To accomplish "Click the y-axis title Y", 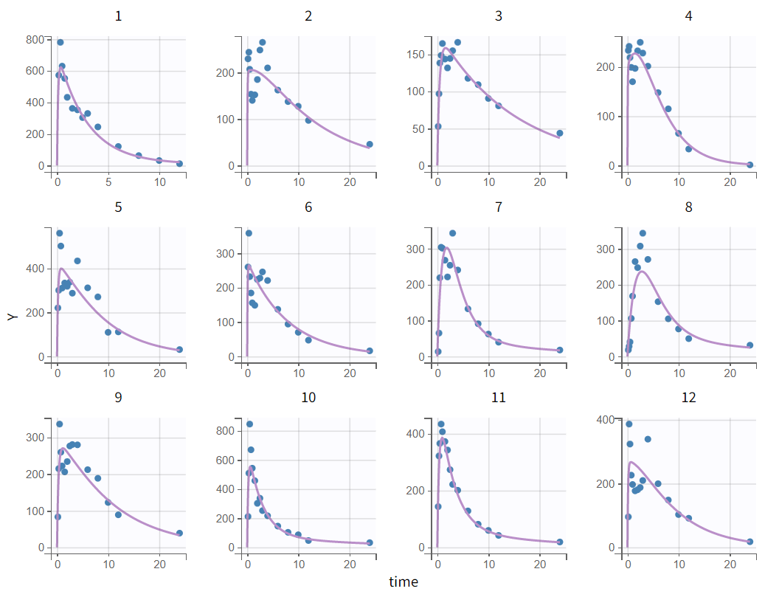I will click(x=12, y=316).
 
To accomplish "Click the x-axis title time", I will click(x=404, y=582).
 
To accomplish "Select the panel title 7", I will click(x=499, y=207).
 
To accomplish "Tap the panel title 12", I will click(x=688, y=398).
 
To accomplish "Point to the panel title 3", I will click(x=499, y=15).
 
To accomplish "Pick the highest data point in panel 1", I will click(x=60, y=42).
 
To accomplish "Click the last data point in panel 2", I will click(x=370, y=145).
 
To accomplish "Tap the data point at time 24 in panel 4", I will click(x=750, y=165).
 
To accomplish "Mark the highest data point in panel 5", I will click(x=60, y=233).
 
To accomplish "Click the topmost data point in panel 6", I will click(x=249, y=233).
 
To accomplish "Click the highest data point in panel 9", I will click(x=60, y=424).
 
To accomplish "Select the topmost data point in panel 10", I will click(x=249, y=424).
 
